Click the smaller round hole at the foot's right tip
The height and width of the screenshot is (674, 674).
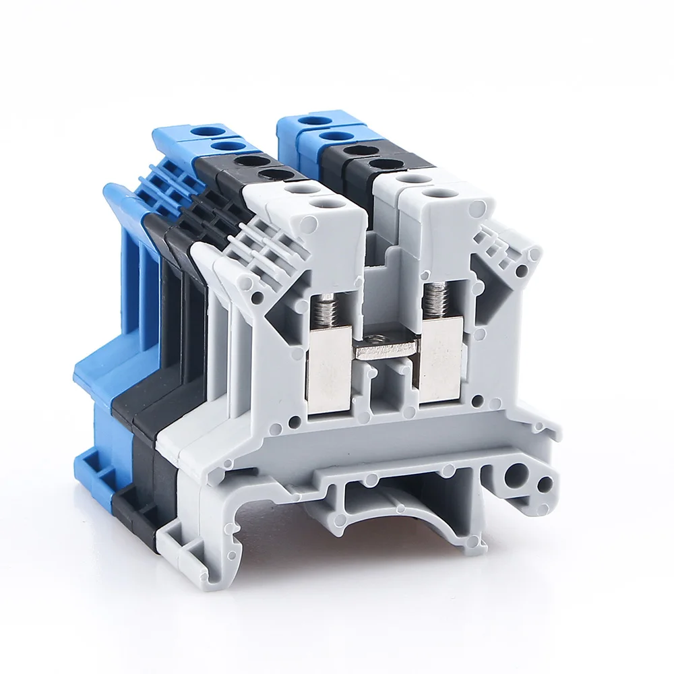tap(546, 483)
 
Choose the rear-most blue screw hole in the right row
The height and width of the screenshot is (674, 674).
tap(314, 121)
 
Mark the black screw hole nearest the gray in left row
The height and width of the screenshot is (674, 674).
tap(272, 175)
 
